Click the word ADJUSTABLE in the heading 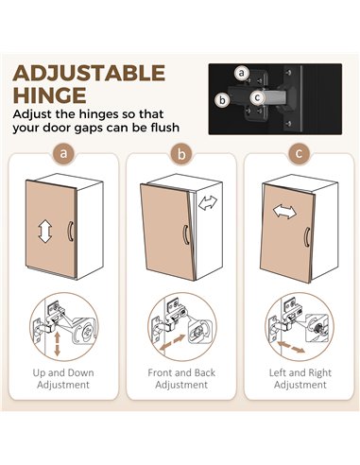click(x=89, y=73)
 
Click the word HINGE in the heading click(x=50, y=95)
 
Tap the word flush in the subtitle click(x=165, y=128)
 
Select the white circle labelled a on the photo click(x=242, y=73)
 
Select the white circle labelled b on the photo click(x=223, y=100)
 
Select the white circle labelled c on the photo click(x=258, y=97)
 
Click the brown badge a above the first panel click(x=63, y=154)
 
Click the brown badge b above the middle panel click(x=181, y=154)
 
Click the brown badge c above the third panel click(x=300, y=154)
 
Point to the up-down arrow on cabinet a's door click(x=45, y=231)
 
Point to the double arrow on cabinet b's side click(x=208, y=203)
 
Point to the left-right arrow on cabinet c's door click(x=284, y=212)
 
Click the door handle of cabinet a click(x=70, y=232)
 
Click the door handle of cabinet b click(x=186, y=234)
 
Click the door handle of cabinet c click(x=307, y=237)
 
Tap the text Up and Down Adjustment click(x=63, y=379)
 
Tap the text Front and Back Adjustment click(x=181, y=379)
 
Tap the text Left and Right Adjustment click(x=300, y=379)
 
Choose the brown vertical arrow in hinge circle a click(x=57, y=344)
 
